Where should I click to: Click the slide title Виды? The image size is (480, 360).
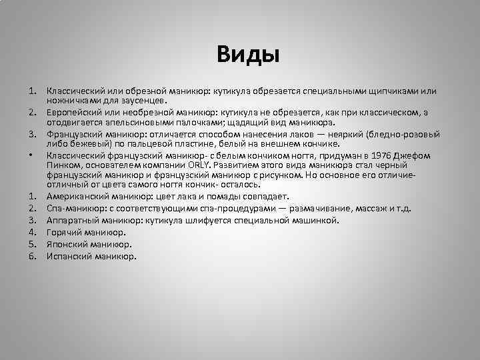coord(247,53)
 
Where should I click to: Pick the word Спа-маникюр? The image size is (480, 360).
coord(72,208)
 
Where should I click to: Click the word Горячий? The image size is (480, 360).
coord(64,232)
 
